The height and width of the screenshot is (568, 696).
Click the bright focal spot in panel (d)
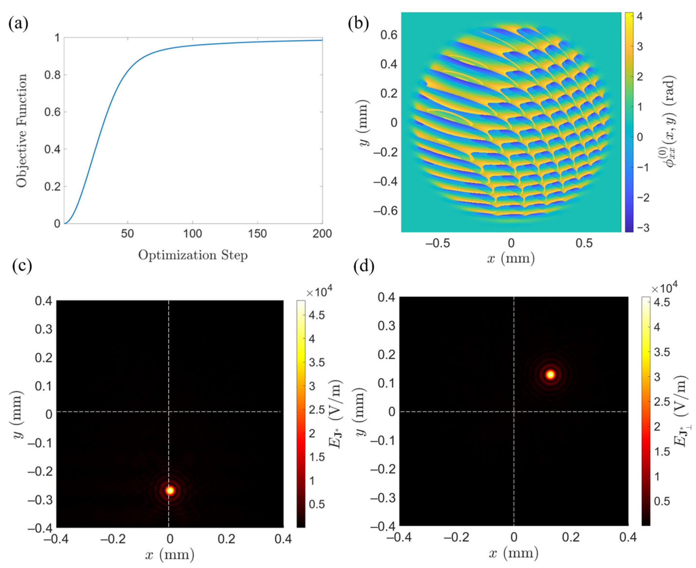click(x=550, y=375)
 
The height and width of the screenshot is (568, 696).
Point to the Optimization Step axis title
click(x=193, y=255)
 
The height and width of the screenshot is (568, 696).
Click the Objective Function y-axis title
click(x=22, y=131)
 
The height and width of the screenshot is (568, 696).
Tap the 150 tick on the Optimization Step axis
click(x=257, y=234)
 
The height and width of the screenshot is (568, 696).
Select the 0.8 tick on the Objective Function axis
click(x=52, y=75)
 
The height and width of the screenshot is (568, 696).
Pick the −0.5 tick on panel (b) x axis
click(x=437, y=243)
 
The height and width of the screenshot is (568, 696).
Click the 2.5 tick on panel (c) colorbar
click(x=316, y=410)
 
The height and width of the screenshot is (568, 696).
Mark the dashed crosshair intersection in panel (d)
click(x=514, y=411)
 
